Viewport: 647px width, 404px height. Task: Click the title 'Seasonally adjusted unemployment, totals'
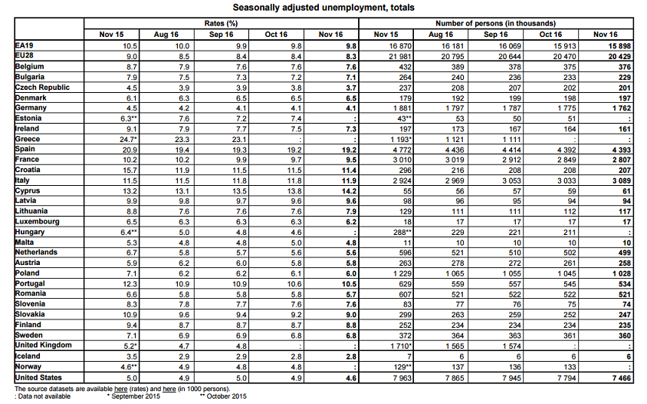tap(323, 8)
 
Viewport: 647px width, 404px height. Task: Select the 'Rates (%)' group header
tap(221, 24)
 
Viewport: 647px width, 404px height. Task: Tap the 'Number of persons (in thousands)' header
tap(496, 24)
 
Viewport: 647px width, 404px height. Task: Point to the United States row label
tap(38, 377)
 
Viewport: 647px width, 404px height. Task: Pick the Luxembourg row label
tap(37, 221)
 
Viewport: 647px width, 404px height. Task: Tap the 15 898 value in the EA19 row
tap(617, 45)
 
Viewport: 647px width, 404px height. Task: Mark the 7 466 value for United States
tap(620, 378)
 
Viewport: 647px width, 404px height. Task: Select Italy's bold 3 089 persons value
tap(620, 180)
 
